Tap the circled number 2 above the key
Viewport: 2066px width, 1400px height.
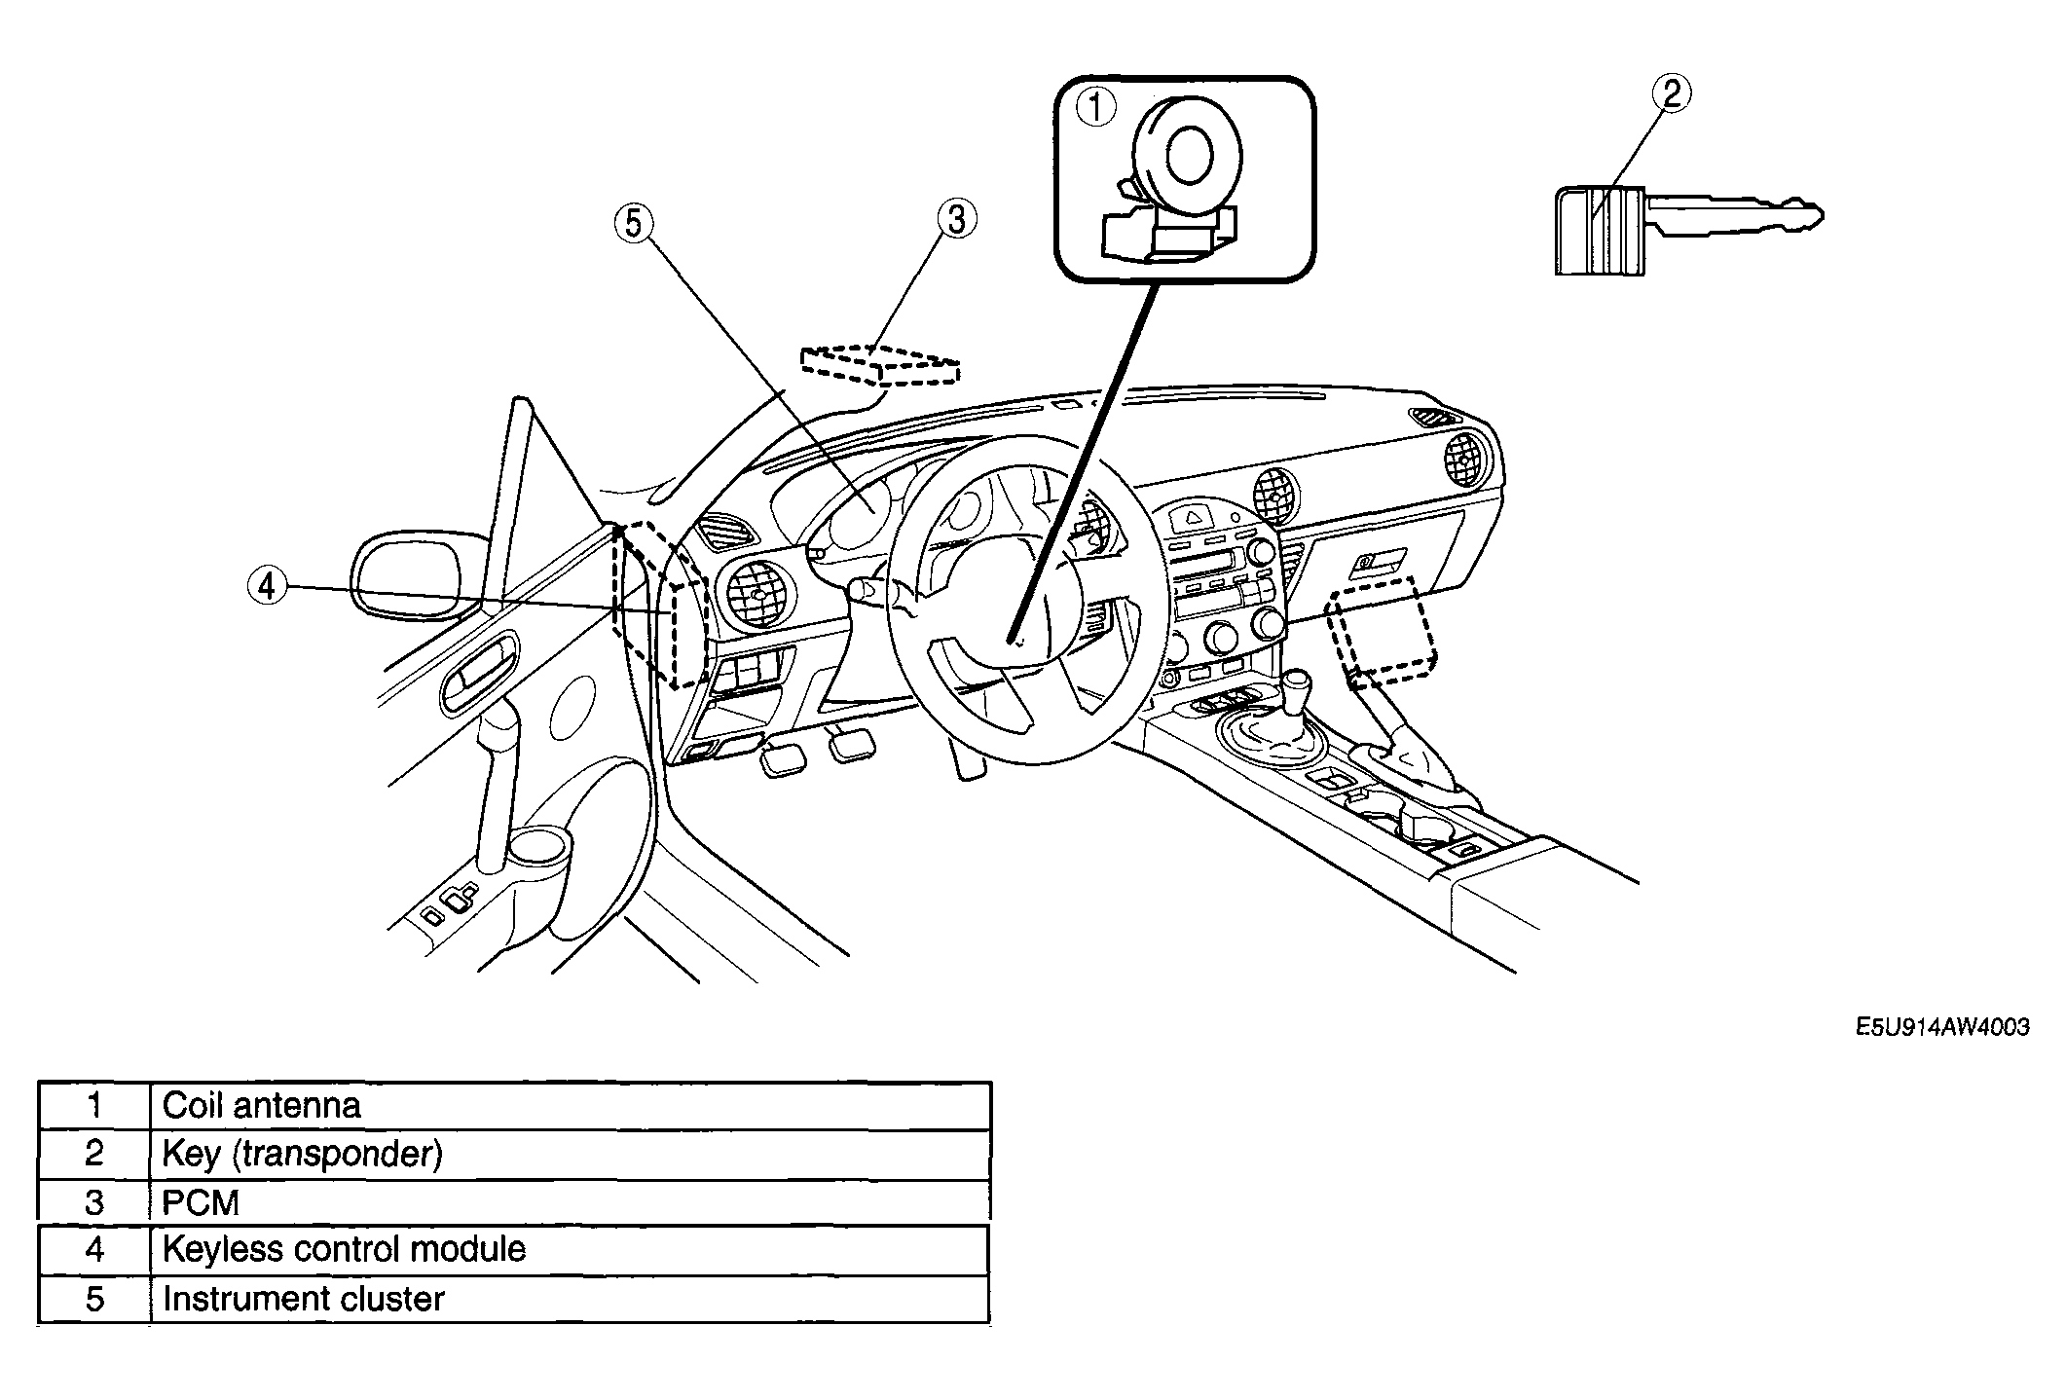coord(1671,94)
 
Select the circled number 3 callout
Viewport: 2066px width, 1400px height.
coord(956,219)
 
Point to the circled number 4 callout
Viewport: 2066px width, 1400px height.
coord(267,586)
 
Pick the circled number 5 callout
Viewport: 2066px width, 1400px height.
coord(634,224)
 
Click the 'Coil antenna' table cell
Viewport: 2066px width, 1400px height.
coord(571,1105)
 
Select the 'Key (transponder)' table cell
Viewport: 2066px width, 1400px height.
coord(571,1154)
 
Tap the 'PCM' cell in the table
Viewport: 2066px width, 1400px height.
coord(571,1202)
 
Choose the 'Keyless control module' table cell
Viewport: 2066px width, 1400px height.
coord(571,1249)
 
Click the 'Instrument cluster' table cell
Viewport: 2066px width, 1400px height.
coord(571,1299)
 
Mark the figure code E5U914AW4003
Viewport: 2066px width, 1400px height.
coord(1941,1027)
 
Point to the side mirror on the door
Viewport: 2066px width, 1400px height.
coord(414,575)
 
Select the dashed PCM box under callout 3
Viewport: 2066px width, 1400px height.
coord(879,365)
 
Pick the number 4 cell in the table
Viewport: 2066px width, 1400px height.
coord(94,1249)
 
